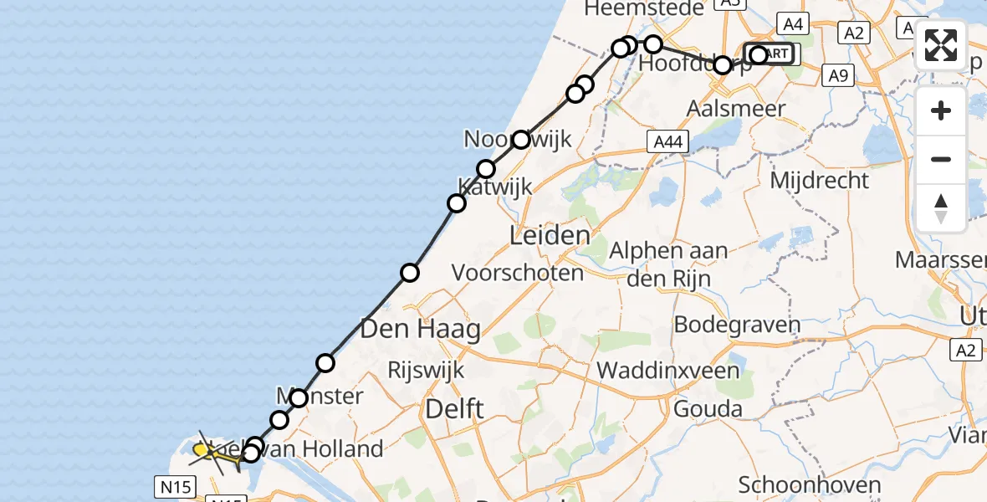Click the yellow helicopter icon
point(209,452)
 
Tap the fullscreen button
point(941,45)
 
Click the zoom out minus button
point(941,160)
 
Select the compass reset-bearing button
point(941,207)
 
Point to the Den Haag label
point(420,329)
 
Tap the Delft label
point(454,409)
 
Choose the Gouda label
point(708,409)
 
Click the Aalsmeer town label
point(735,109)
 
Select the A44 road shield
point(667,142)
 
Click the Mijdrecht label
point(819,181)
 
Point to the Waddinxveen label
point(667,370)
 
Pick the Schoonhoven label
point(810,484)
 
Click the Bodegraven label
point(736,325)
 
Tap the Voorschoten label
point(517,273)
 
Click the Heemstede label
point(630,8)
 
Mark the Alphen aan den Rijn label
point(668,263)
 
